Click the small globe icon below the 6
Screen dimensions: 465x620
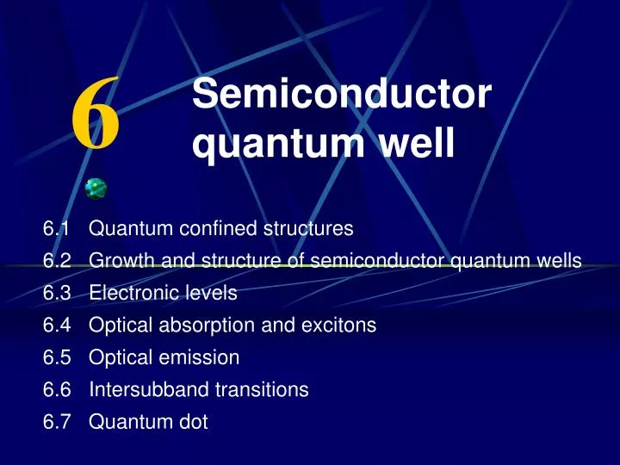tap(96, 189)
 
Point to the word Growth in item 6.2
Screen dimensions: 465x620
tap(118, 261)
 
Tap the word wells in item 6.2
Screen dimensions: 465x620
tap(561, 261)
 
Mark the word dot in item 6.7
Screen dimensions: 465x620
tap(194, 422)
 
